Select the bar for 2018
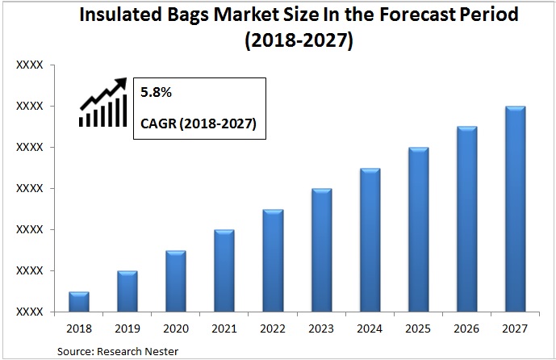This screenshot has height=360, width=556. click(79, 302)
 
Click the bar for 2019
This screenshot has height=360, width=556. click(128, 291)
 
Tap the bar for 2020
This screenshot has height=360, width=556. click(176, 281)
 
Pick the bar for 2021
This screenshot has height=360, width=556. click(224, 270)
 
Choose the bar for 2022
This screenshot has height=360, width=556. click(273, 261)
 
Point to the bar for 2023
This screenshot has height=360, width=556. click(321, 250)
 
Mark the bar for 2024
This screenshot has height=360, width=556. click(370, 240)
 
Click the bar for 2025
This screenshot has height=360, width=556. click(418, 229)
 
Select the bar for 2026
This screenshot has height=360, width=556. click(466, 219)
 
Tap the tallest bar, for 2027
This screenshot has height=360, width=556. click(515, 209)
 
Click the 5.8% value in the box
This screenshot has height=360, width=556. click(157, 93)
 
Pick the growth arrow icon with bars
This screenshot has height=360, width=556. click(103, 103)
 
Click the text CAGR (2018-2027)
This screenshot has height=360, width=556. click(199, 124)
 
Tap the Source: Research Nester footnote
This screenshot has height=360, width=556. click(118, 350)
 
